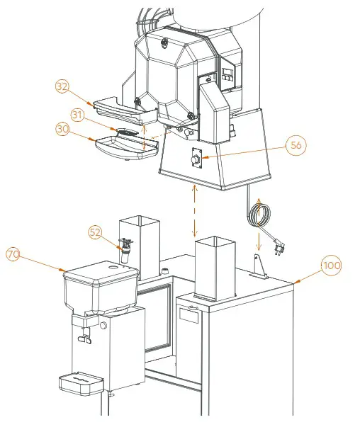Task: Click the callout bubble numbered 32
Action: [63, 87]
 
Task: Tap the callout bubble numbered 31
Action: [79, 114]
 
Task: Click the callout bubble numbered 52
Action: [96, 232]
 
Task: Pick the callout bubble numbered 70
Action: [13, 254]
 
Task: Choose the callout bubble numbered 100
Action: [331, 266]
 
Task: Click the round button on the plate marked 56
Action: [193, 162]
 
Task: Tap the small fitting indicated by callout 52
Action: [128, 249]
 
